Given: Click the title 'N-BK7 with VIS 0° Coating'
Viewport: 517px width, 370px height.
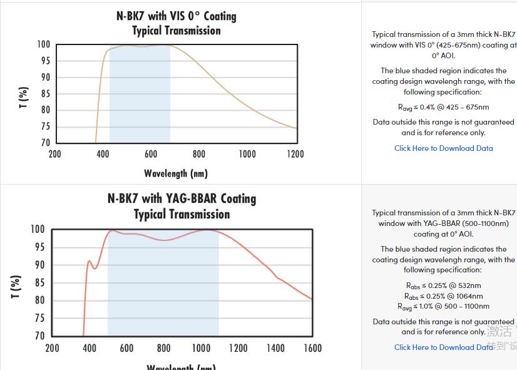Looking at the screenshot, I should click(x=176, y=16).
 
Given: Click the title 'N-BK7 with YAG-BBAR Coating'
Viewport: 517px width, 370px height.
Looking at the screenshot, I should click(x=182, y=198).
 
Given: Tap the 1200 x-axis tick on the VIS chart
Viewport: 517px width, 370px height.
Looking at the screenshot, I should click(x=295, y=154).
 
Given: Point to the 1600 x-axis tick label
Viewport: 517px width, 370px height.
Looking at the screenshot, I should click(x=312, y=348).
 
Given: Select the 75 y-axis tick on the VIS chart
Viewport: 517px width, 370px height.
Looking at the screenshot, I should click(x=44, y=126).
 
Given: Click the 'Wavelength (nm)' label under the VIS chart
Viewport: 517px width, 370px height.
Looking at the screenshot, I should click(x=175, y=173).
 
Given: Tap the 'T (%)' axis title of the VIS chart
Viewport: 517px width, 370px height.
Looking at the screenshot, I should click(x=23, y=97).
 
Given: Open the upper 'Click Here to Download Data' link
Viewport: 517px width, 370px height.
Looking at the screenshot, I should click(x=443, y=148).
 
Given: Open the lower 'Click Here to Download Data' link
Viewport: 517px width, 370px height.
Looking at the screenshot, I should click(x=443, y=347).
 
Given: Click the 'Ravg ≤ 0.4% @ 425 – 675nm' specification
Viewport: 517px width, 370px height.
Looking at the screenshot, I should click(x=443, y=107).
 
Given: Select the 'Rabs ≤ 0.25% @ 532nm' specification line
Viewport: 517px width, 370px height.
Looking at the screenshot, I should click(x=443, y=285).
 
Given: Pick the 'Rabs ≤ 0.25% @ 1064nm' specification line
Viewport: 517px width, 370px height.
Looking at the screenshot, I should click(x=443, y=296).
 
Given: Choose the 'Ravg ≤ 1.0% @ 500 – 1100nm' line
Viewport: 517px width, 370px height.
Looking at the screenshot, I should click(x=443, y=306).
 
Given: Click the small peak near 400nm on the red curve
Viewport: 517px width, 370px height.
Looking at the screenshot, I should click(x=89, y=261).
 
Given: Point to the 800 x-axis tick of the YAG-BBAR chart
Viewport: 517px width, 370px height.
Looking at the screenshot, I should click(x=163, y=348).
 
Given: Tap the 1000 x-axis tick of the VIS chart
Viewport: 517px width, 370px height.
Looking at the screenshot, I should click(x=247, y=154).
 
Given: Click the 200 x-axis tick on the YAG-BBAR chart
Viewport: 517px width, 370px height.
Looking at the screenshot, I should click(x=53, y=348).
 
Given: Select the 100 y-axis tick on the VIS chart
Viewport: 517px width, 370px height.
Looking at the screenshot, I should click(x=43, y=44).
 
